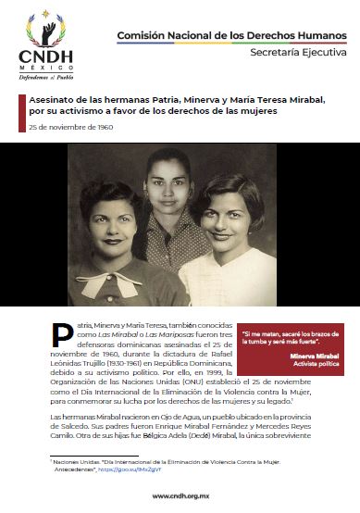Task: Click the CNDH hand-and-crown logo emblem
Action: pyautogui.click(x=46, y=28)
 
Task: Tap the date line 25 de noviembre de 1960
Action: pyautogui.click(x=69, y=126)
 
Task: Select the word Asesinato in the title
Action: pyautogui.click(x=52, y=97)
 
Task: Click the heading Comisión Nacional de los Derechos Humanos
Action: pyautogui.click(x=232, y=34)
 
